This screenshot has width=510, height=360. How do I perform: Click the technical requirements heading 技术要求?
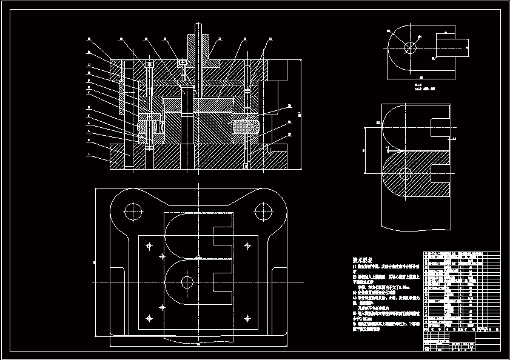363,259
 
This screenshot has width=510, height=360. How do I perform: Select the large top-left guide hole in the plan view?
133,212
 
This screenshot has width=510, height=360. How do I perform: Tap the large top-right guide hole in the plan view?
263,212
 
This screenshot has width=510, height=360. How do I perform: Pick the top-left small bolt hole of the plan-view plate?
149,246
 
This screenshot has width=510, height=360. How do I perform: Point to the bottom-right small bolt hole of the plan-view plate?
246,317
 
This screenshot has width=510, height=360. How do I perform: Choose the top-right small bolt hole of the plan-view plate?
246,246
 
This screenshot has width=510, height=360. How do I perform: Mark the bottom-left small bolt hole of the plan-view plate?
149,317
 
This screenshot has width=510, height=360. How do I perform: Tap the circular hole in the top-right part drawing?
410,46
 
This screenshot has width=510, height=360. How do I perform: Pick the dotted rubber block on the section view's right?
246,128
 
